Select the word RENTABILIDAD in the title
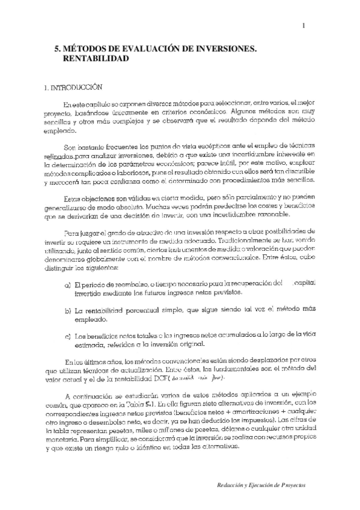tap(96, 60)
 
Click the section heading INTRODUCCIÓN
tap(72, 87)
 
